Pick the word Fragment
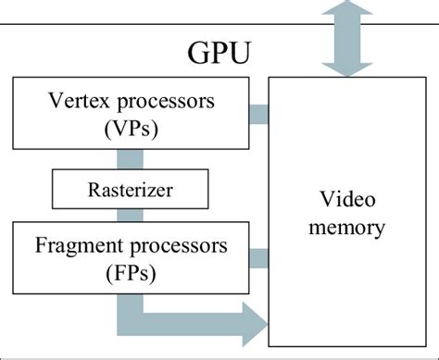pyautogui.click(x=78, y=247)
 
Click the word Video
pyautogui.click(x=346, y=199)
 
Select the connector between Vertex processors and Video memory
pyautogui.click(x=258, y=115)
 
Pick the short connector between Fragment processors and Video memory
pyautogui.click(x=258, y=258)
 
